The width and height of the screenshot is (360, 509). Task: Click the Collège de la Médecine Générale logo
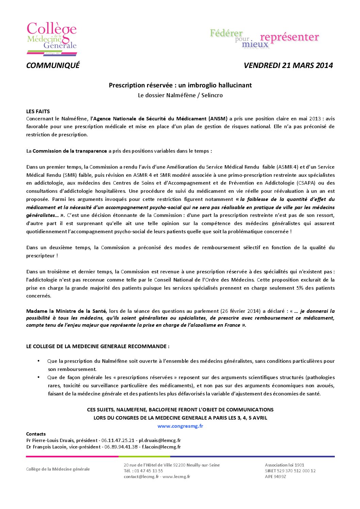click(x=52, y=38)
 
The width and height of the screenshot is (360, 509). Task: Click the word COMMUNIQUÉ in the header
click(x=53, y=65)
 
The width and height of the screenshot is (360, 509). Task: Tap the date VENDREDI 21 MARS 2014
click(x=288, y=65)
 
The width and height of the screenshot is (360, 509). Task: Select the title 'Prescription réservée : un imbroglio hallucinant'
click(x=180, y=85)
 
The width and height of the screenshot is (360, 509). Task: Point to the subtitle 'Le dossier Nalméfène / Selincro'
click(x=180, y=95)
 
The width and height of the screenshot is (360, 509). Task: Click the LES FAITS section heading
click(x=38, y=111)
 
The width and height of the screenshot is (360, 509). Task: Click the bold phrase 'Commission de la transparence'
click(x=70, y=151)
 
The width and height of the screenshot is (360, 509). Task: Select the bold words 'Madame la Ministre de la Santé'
click(x=66, y=311)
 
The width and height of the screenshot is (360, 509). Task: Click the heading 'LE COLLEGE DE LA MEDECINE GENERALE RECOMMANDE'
click(x=98, y=346)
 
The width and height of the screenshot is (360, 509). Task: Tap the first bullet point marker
click(x=38, y=361)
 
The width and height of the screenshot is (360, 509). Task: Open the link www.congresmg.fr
click(x=180, y=426)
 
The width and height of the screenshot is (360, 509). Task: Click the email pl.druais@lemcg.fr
click(x=160, y=440)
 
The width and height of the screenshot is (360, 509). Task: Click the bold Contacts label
click(x=36, y=434)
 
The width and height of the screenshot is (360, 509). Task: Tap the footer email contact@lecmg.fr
click(x=141, y=477)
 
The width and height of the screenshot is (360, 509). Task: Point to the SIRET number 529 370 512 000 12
click(x=298, y=471)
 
